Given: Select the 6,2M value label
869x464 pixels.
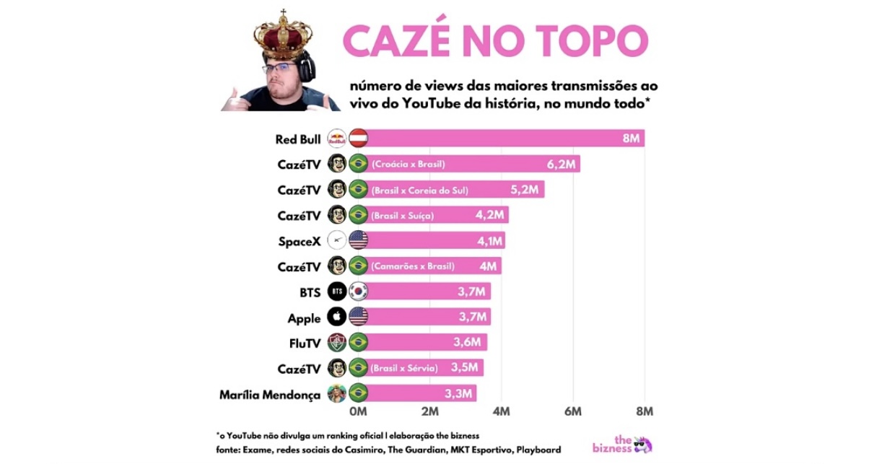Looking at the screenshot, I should click(561, 165).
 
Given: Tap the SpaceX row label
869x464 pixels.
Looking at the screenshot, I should click(299, 241).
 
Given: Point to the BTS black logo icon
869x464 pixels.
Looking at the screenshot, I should click(337, 292).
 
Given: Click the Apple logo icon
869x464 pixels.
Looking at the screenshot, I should click(337, 317).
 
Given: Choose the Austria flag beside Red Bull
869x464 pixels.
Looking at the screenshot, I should click(359, 139).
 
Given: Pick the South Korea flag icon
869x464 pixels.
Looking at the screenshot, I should click(359, 292).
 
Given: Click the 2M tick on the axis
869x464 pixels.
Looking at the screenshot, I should click(429, 411).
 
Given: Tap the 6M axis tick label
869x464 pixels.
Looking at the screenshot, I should click(573, 411).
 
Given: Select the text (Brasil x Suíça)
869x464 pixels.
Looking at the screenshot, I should click(403, 216).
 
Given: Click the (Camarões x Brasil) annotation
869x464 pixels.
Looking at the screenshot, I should click(413, 266).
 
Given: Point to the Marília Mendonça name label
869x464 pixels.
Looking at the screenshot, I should click(269, 395).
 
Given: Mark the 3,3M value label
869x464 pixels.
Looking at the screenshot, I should click(458, 394).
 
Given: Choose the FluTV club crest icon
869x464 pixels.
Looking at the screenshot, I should click(337, 342).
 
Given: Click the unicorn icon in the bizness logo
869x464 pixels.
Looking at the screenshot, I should click(643, 444).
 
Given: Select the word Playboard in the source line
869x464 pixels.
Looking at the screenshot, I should click(536, 450).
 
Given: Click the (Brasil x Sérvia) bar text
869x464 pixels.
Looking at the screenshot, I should click(403, 368).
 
